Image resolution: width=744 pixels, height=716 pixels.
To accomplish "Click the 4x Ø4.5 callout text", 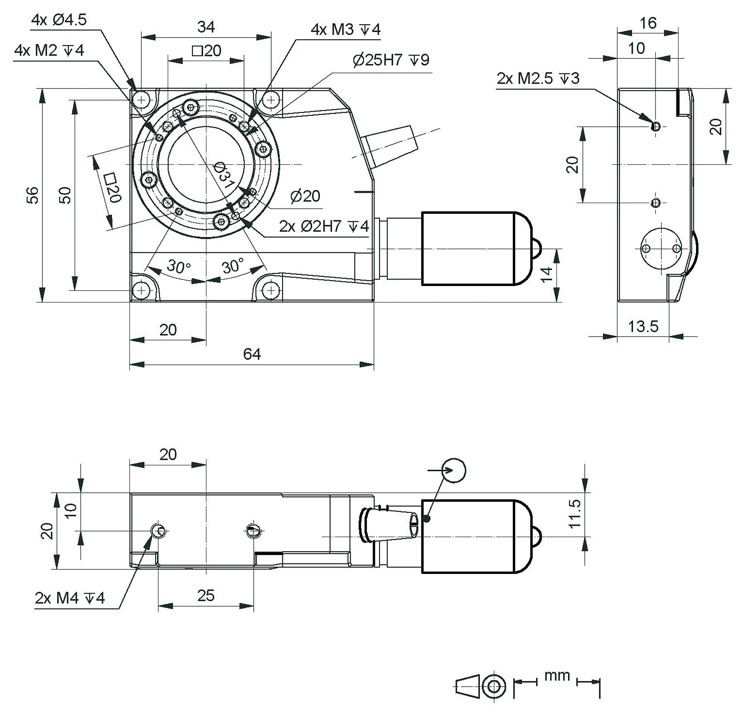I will click(x=59, y=20).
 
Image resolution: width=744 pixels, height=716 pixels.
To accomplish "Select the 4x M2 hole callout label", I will click(x=49, y=50).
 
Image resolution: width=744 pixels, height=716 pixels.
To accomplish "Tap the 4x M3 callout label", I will click(x=346, y=30).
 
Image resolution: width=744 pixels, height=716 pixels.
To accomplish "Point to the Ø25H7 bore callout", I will click(x=391, y=60).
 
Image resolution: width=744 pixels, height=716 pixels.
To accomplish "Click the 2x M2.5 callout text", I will click(x=538, y=78).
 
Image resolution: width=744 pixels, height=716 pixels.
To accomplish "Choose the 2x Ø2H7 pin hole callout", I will click(x=324, y=227).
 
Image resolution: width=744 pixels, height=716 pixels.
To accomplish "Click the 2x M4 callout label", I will click(x=70, y=598).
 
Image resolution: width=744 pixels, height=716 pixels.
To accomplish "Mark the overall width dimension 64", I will click(x=252, y=354).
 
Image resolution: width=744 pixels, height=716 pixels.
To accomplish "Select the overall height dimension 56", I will click(x=33, y=195).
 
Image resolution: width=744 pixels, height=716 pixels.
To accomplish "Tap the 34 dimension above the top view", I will click(x=206, y=27).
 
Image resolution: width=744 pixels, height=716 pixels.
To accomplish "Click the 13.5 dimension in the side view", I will click(x=643, y=326).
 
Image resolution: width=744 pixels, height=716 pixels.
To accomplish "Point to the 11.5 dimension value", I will click(x=575, y=513).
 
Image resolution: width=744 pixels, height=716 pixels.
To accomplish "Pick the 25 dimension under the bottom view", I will click(x=206, y=596).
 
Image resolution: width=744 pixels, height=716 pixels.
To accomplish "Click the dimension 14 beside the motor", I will click(x=546, y=274).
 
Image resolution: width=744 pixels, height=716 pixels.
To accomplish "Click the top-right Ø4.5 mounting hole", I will click(x=271, y=100).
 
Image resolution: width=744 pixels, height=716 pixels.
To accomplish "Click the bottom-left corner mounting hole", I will click(x=142, y=290).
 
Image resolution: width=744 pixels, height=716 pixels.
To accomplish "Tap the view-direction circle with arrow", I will click(x=454, y=471).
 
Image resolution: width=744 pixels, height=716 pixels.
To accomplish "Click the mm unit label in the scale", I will click(x=557, y=675).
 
